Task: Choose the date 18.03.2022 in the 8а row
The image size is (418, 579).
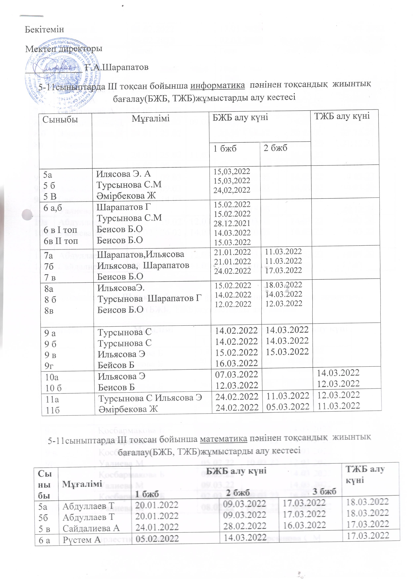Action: [x=284, y=285]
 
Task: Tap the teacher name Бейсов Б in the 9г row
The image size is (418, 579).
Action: [x=116, y=365]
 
